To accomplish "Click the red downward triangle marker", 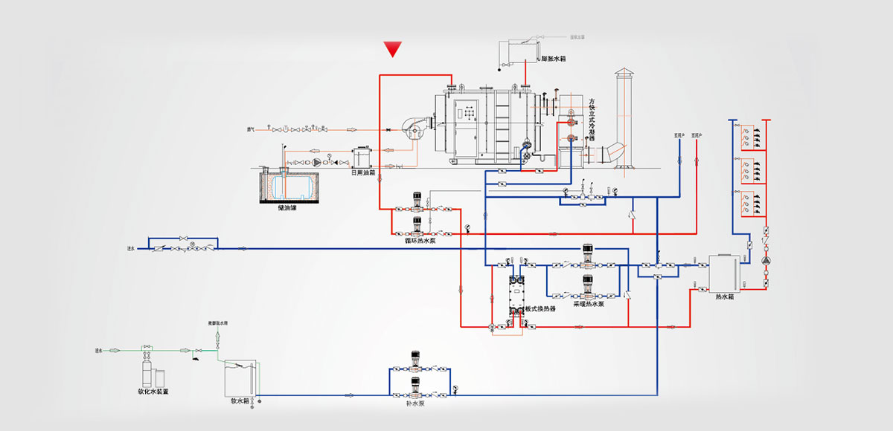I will click(x=393, y=50).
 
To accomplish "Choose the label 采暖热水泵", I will click(x=588, y=304).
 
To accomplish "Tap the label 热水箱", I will click(x=724, y=297).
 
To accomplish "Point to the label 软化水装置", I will click(x=153, y=391).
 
